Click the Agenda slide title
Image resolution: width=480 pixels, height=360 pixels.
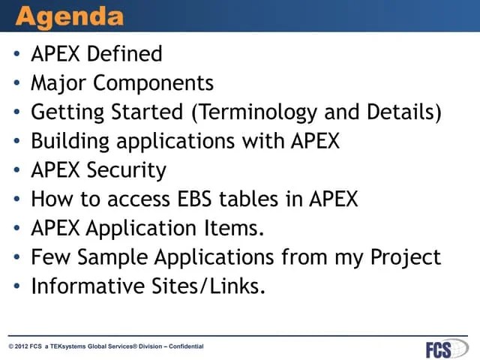tap(70, 16)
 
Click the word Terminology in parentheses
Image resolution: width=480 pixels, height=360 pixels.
tap(255, 112)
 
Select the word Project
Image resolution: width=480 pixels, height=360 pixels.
tap(406, 257)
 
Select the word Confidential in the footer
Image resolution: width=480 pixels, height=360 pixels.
tap(186, 346)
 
